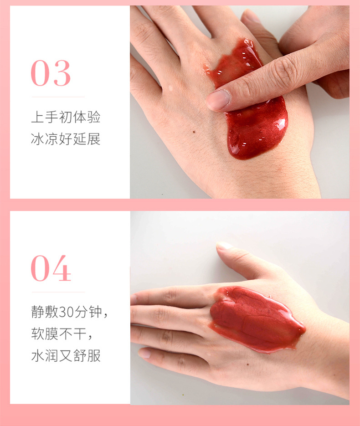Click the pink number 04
[51, 269]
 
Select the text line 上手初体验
[66, 117]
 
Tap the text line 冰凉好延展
[66, 139]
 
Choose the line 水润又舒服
[66, 355]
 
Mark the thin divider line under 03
[58, 97]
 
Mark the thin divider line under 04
[58, 292]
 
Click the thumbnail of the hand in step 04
[224, 246]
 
